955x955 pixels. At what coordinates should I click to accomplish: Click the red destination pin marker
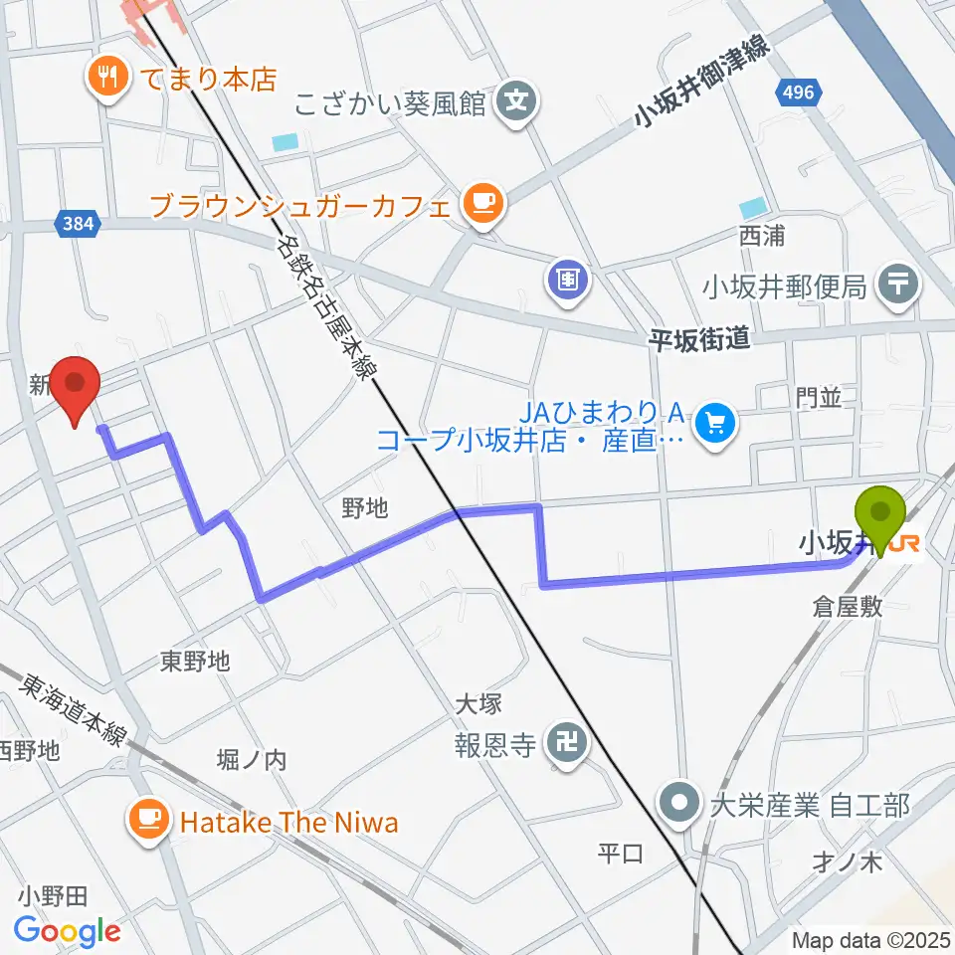click(77, 388)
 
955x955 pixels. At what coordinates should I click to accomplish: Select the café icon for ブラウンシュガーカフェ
click(482, 205)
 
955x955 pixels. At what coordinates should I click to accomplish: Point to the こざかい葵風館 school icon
click(516, 99)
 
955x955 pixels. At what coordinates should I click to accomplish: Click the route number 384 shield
click(80, 225)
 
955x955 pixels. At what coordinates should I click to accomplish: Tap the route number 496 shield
click(796, 95)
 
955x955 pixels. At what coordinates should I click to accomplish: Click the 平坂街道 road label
click(697, 340)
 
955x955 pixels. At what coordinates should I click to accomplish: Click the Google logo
click(68, 930)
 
